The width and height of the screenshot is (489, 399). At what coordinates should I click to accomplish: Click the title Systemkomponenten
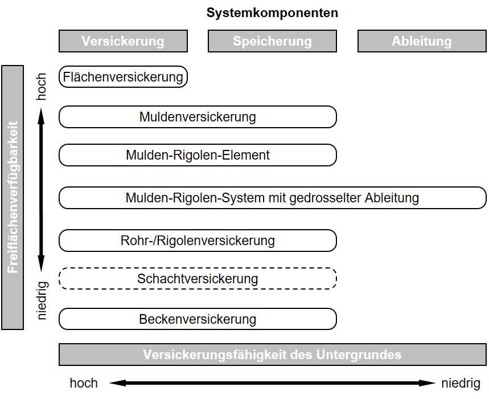272,13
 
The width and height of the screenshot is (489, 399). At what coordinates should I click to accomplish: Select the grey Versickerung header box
123,41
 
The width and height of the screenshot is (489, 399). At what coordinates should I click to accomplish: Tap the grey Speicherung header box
272,41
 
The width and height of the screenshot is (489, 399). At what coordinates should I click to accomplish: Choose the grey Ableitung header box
422,41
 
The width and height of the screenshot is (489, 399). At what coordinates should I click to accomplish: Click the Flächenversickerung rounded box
123,77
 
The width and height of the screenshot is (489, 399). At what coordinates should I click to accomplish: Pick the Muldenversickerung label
198,117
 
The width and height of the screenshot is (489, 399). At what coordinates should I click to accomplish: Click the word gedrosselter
326,198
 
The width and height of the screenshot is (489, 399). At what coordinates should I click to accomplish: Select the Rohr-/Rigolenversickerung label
198,241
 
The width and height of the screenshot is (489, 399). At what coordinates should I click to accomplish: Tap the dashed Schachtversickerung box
198,279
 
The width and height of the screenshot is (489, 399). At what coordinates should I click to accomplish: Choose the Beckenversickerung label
198,319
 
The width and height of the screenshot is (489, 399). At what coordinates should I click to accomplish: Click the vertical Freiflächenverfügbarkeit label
13,197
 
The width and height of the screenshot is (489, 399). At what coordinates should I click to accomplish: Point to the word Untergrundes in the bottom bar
359,355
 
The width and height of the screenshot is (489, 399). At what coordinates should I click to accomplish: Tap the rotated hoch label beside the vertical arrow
41,87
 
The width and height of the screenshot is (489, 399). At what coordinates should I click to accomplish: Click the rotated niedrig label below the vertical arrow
42,300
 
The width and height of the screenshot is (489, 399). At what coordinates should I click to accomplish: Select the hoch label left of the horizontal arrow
84,383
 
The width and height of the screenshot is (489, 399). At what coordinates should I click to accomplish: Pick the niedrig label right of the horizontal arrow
461,384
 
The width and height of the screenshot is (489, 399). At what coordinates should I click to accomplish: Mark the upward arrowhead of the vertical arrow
41,116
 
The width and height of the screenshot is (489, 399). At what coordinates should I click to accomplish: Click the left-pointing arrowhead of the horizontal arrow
118,383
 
